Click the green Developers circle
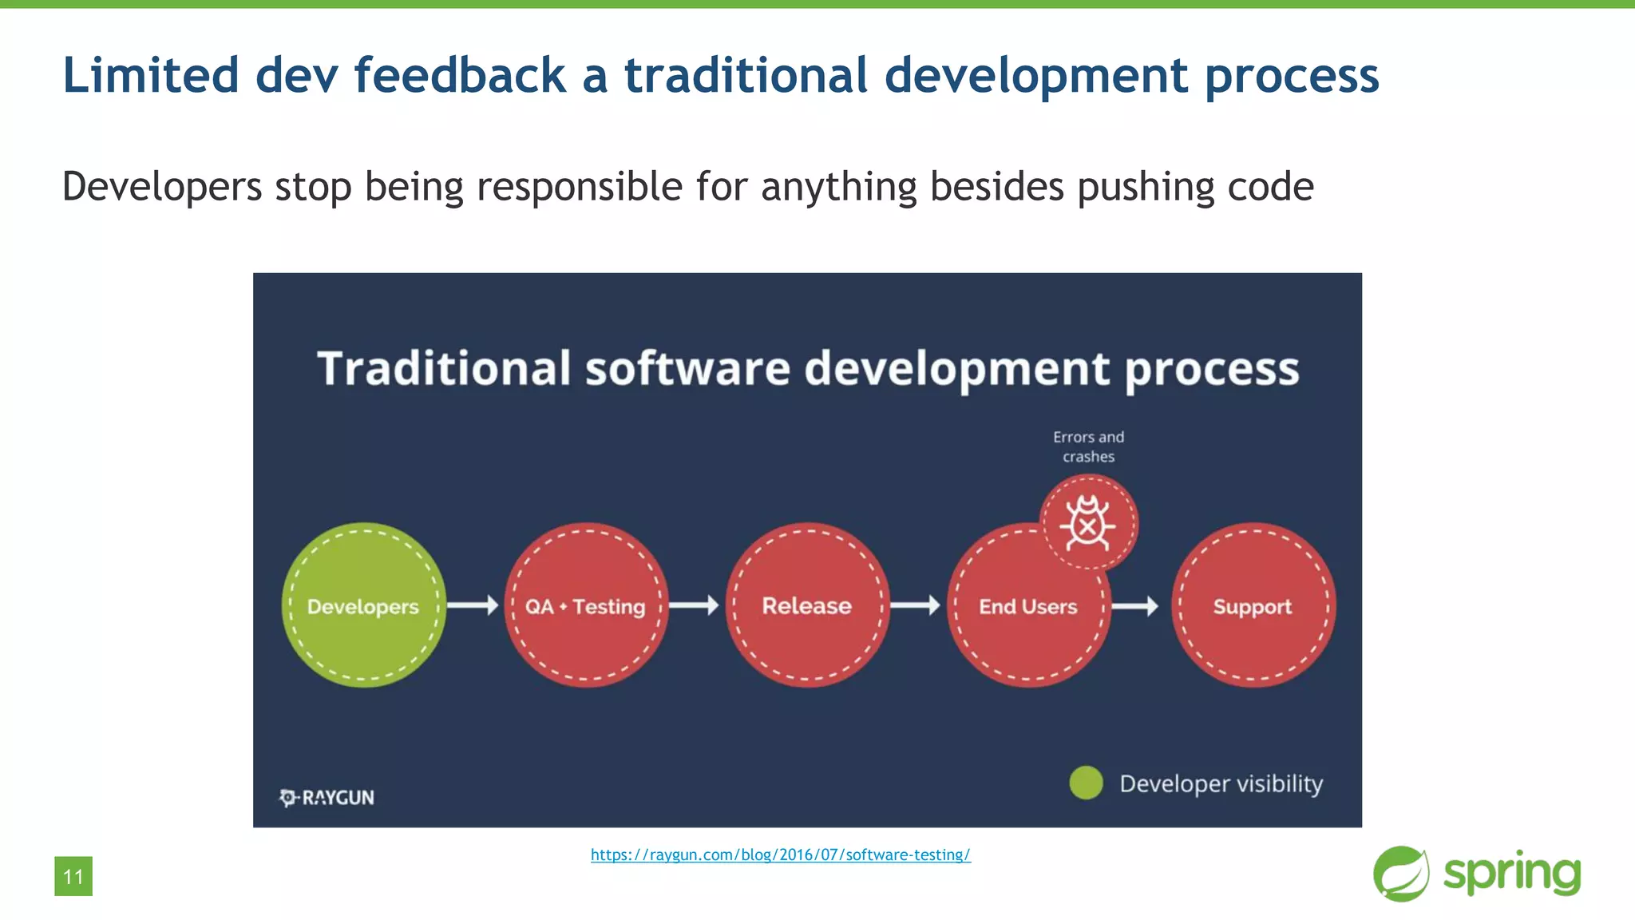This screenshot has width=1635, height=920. [x=363, y=605]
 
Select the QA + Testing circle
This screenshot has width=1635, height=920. [x=585, y=605]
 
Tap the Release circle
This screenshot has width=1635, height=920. [x=807, y=605]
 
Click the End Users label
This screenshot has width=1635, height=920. [x=1027, y=607]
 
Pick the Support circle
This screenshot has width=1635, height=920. [x=1253, y=605]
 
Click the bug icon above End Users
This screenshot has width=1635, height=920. [x=1087, y=523]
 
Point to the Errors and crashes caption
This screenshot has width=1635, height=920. [x=1088, y=447]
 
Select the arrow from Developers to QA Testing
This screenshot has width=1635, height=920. [x=473, y=605]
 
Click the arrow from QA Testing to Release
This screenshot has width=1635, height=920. [x=694, y=605]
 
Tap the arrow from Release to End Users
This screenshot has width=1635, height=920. [x=915, y=605]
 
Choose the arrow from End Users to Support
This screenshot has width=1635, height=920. [x=1134, y=606]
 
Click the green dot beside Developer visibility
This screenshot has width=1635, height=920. [x=1086, y=783]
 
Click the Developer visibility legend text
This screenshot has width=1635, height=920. [x=1221, y=783]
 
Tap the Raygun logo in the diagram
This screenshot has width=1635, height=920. [x=327, y=797]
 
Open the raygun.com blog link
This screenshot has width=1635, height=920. [x=780, y=855]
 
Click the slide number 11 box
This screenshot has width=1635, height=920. [x=73, y=876]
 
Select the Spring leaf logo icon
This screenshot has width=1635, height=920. [x=1401, y=874]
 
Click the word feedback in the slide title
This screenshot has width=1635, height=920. [x=460, y=75]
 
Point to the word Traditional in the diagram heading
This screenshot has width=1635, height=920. [x=444, y=369]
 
